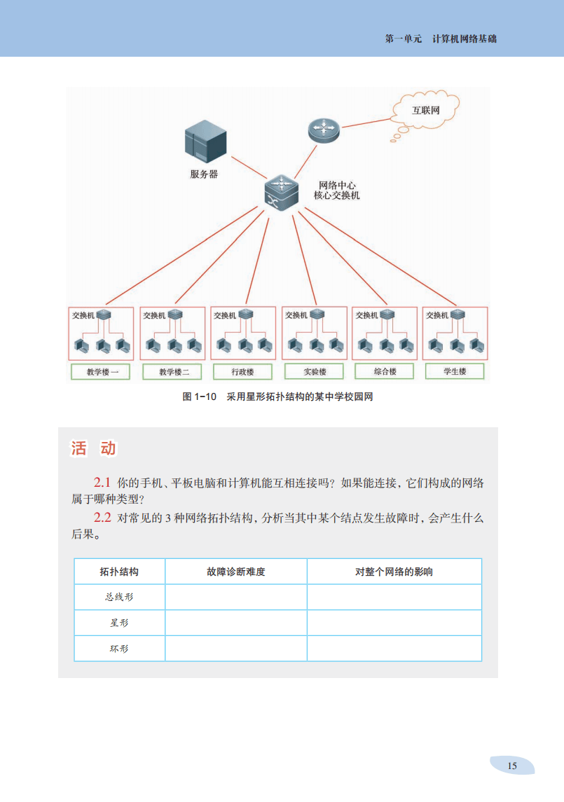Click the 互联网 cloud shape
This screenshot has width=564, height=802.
tap(426, 109)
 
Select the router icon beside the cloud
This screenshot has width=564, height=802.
tap(323, 130)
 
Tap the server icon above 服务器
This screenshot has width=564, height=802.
tap(205, 141)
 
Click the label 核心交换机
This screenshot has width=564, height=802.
tap(336, 196)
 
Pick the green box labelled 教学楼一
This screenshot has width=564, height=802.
tap(102, 372)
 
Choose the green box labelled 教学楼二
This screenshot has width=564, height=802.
tap(174, 372)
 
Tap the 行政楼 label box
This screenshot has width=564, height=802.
tap(242, 372)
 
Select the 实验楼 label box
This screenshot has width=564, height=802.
tap(315, 372)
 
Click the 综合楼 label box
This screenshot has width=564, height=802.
tap(385, 371)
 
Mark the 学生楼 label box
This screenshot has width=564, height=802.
tap(455, 371)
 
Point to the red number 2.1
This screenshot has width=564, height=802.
tap(102, 483)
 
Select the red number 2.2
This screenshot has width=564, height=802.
tap(102, 518)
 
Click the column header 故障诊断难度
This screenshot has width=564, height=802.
tap(236, 572)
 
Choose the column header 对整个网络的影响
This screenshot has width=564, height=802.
tap(394, 572)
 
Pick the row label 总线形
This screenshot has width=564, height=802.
tap(119, 597)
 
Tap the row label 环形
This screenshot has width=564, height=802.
tap(119, 649)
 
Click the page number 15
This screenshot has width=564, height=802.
tap(512, 766)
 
